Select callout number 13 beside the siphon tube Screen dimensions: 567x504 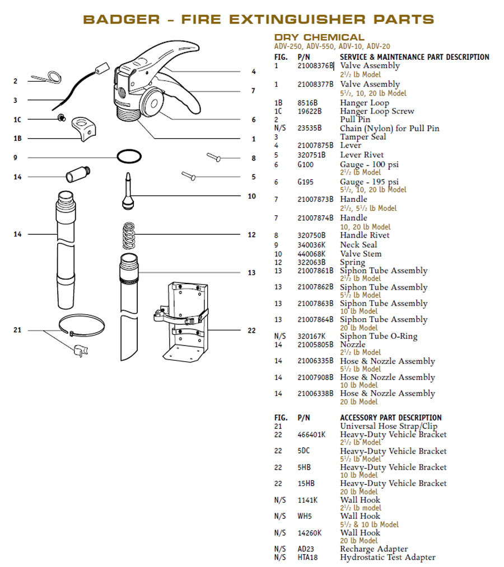click(x=251, y=272)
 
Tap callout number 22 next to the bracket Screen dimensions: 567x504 click(x=251, y=330)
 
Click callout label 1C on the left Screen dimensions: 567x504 click(x=17, y=120)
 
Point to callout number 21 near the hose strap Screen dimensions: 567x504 click(x=17, y=330)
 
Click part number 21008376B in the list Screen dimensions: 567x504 click(x=315, y=66)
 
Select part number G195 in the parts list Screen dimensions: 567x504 click(x=306, y=182)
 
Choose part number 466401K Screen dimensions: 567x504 click(x=311, y=434)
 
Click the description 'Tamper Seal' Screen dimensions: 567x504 click(x=362, y=137)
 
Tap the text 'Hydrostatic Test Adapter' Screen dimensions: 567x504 click(x=388, y=557)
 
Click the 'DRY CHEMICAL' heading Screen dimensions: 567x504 click(x=319, y=37)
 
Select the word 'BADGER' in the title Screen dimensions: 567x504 click(x=121, y=19)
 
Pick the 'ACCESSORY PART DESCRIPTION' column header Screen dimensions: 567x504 click(x=390, y=418)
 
